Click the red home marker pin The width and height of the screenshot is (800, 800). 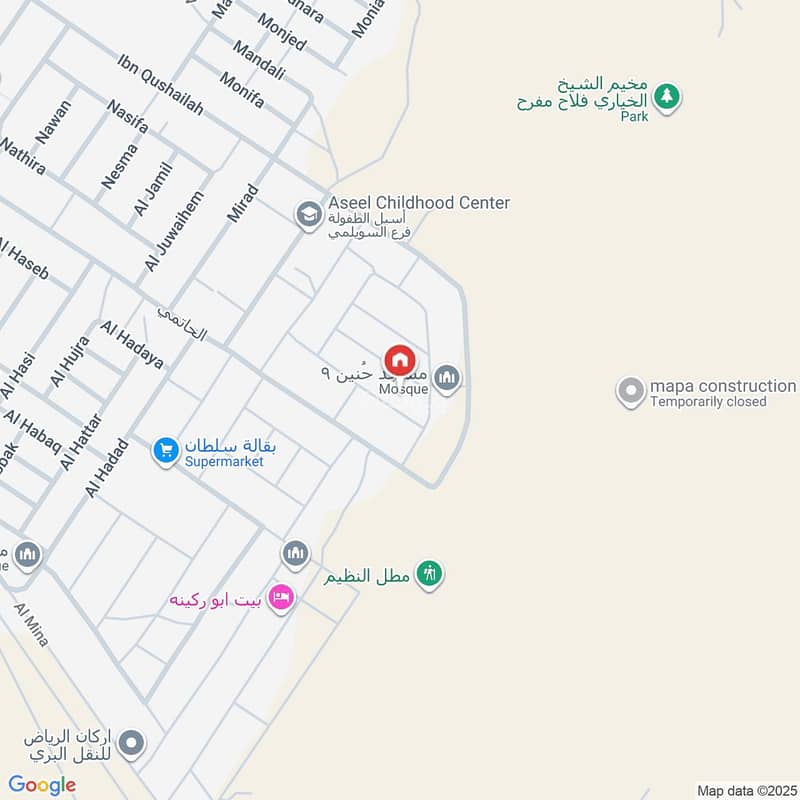click(x=400, y=359)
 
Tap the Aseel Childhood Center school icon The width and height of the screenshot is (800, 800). click(x=308, y=214)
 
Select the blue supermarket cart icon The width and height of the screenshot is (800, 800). click(x=166, y=451)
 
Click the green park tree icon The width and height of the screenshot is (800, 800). click(x=667, y=97)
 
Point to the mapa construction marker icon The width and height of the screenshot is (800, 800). click(x=631, y=392)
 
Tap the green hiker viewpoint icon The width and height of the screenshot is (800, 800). click(x=430, y=574)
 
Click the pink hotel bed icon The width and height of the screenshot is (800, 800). click(x=282, y=599)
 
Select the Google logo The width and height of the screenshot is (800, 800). click(x=42, y=785)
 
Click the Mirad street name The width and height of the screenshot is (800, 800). click(x=243, y=203)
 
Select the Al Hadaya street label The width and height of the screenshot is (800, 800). click(x=131, y=345)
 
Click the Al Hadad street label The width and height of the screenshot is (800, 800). click(x=108, y=467)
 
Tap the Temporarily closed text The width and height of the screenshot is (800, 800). click(x=708, y=402)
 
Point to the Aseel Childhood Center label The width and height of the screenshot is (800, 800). click(x=419, y=203)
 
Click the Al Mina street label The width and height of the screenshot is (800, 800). click(x=31, y=624)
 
